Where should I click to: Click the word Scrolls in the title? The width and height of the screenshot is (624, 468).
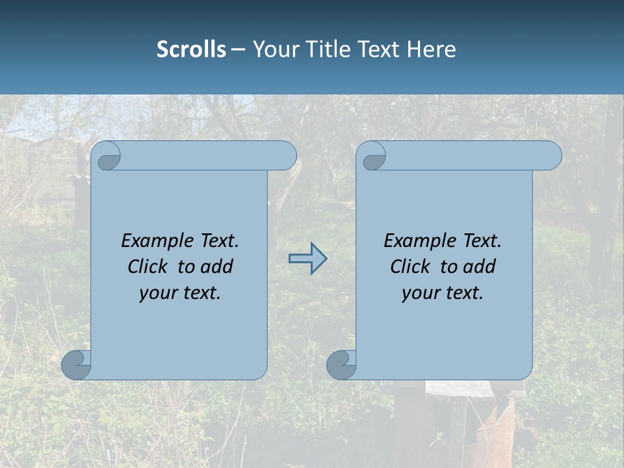tap(191, 49)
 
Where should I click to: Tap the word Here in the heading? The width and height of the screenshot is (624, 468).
tap(431, 49)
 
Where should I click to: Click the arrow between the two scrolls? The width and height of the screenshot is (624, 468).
tap(307, 259)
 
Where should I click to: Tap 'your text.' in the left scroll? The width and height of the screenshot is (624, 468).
tap(180, 292)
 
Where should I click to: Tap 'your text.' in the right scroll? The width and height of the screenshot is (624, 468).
tap(443, 292)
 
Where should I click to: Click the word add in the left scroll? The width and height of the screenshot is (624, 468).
tap(216, 266)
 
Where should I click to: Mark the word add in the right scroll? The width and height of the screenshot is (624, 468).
tap(479, 266)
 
